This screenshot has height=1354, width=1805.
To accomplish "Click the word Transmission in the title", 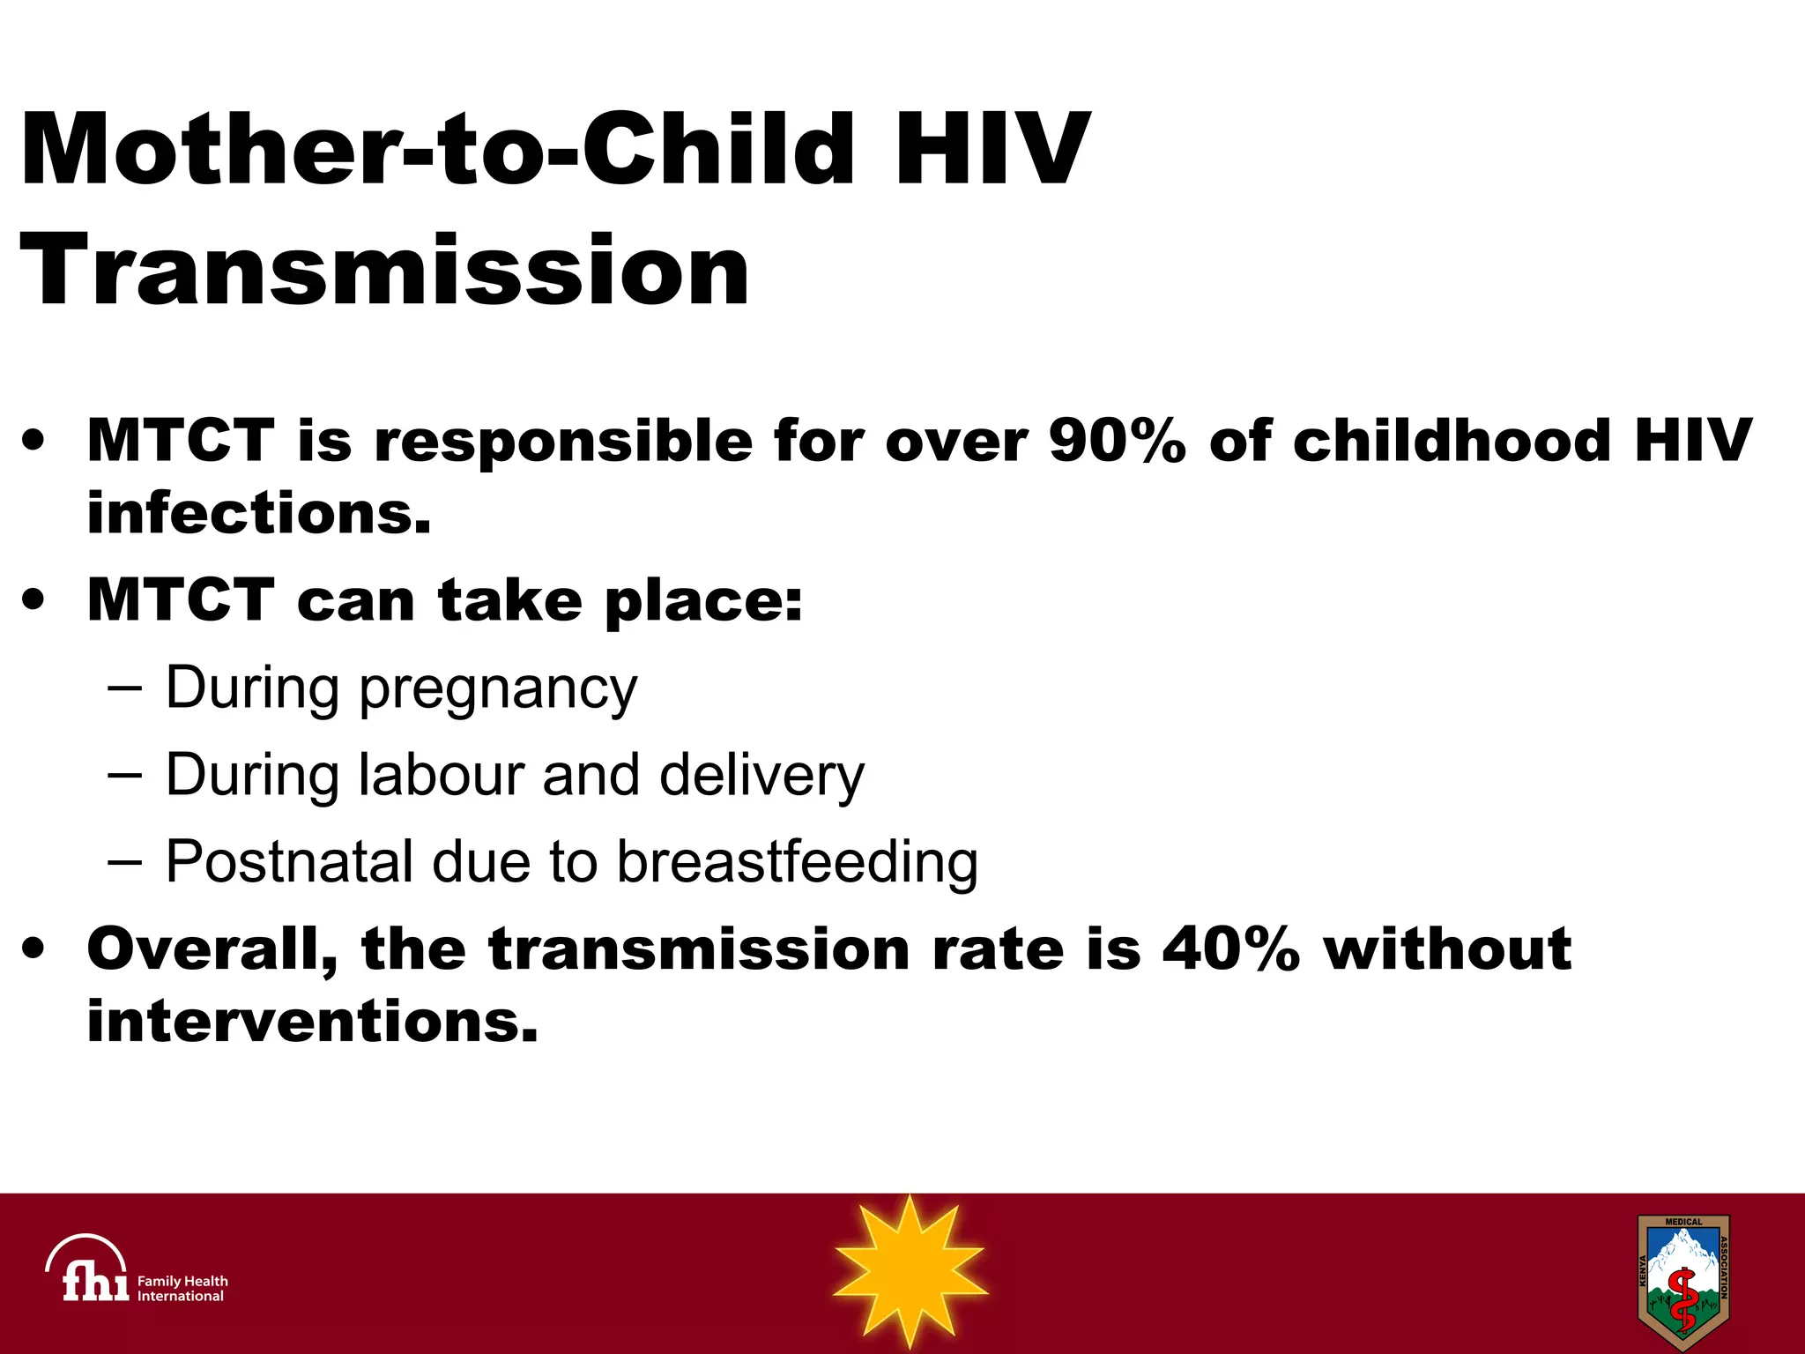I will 384,270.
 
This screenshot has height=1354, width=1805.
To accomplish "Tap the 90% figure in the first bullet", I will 1118,440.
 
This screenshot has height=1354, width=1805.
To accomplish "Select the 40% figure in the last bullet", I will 1230,949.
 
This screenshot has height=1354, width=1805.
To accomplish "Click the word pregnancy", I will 498,689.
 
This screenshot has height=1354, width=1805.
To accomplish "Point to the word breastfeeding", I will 797,862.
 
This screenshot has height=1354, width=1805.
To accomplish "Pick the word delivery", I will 761,776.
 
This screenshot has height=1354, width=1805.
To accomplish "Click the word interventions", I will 312,1022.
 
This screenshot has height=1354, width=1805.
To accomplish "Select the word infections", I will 259,512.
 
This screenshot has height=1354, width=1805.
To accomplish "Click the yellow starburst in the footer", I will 910,1271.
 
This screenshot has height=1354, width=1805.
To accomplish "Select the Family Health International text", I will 182,1289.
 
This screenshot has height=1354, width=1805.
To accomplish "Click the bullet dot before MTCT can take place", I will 33,601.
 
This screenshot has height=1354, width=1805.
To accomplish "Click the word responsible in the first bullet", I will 564,440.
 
